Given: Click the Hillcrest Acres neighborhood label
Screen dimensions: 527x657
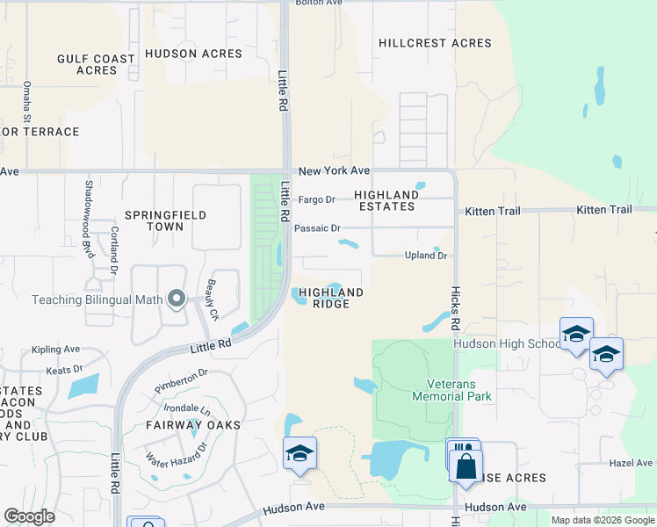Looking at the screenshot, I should [x=435, y=43].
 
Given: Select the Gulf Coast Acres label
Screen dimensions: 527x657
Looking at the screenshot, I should [x=97, y=65].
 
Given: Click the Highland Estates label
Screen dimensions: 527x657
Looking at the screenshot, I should [x=386, y=201].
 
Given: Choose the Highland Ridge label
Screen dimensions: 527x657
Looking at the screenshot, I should [x=331, y=298].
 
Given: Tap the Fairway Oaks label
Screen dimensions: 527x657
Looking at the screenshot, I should [x=193, y=425].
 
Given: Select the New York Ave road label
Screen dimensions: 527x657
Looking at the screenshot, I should [x=334, y=170].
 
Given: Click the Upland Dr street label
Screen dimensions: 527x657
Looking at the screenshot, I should [x=426, y=256].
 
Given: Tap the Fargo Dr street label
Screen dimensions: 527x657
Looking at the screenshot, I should [x=317, y=199].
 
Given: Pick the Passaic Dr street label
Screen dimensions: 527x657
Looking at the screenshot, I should [x=317, y=228].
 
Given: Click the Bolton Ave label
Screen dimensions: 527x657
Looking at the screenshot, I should [x=320, y=4].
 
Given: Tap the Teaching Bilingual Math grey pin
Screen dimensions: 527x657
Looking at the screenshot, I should [x=177, y=300].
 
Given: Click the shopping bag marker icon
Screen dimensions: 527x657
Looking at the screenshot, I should [x=466, y=465].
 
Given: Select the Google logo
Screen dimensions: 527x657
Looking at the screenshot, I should [x=29, y=516].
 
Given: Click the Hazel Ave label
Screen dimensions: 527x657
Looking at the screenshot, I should [x=632, y=463].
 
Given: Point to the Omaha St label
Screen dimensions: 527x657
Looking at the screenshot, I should [x=27, y=101].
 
